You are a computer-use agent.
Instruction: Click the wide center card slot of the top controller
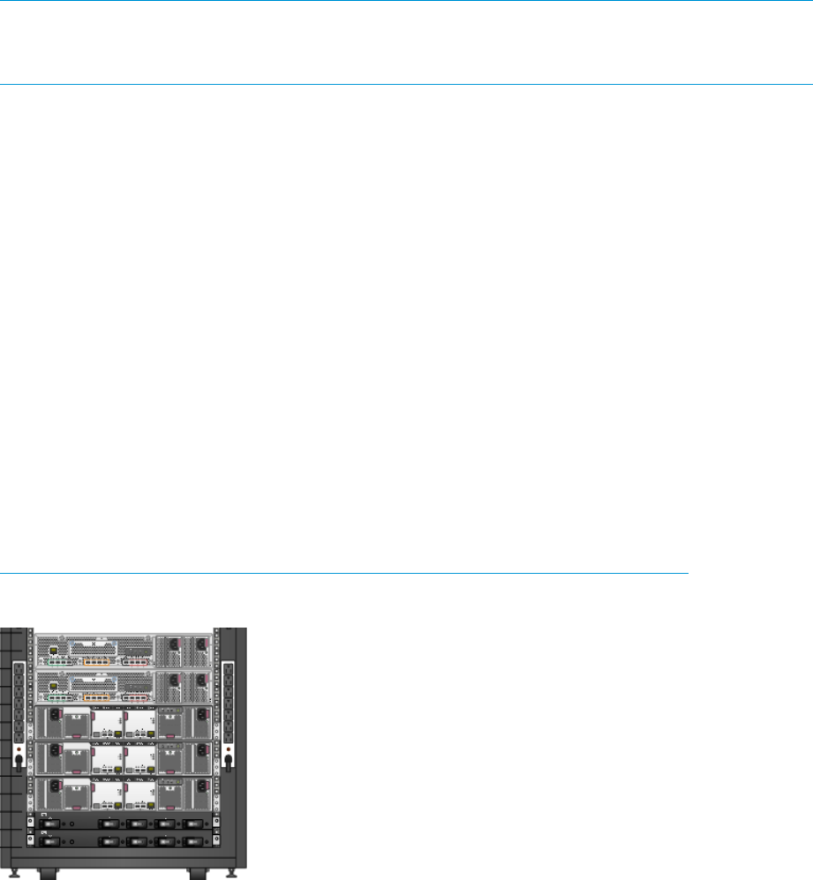tap(94, 647)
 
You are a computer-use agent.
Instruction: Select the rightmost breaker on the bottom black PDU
tap(192, 841)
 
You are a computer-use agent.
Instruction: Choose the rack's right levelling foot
tap(231, 873)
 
